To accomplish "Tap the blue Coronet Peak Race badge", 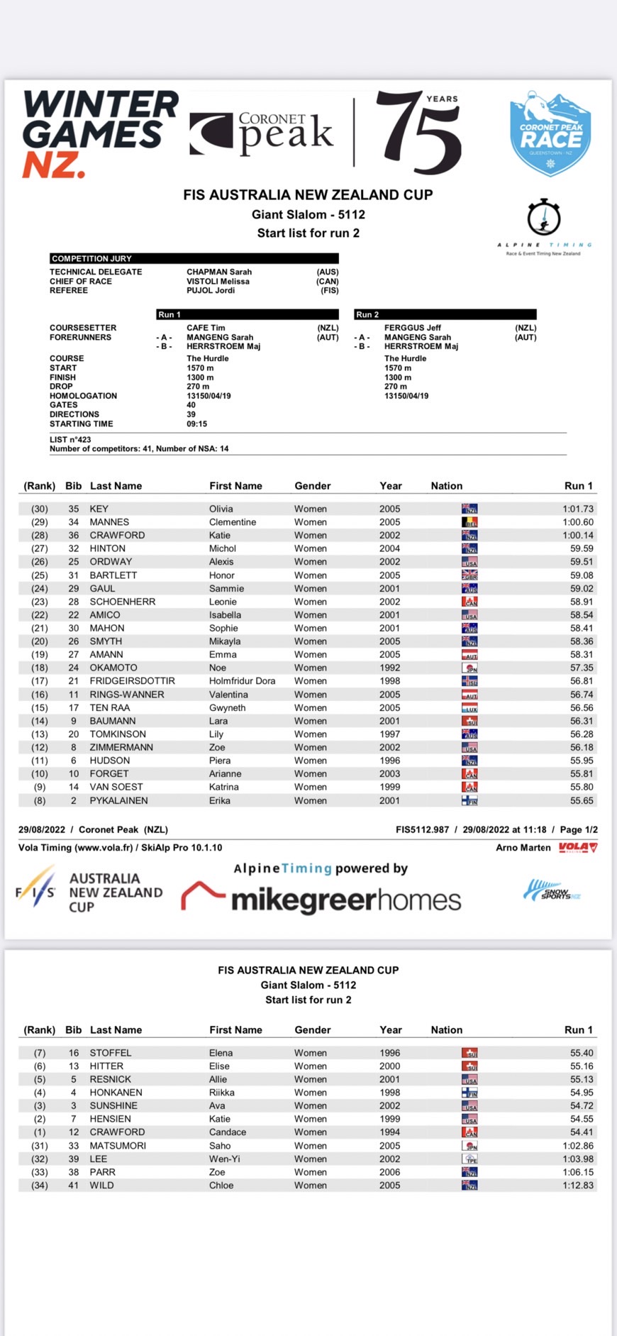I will point(550,133).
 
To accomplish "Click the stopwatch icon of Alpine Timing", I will point(544,218).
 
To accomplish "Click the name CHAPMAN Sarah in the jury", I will point(219,272).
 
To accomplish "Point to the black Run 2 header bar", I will point(445,314).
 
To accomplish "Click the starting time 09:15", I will point(196,424).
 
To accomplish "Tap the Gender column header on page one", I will point(312,486).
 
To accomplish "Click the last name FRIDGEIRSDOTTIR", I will point(132,680).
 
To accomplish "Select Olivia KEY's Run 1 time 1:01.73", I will point(578,509).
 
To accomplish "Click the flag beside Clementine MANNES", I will point(469,522).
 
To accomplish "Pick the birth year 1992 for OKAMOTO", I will point(389,668).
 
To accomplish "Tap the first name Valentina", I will point(228,695).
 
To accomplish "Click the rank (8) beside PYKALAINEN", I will point(40,800).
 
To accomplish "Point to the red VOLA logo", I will point(578,847).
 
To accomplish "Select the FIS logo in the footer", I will point(35,892).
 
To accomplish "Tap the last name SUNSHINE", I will point(113,1105).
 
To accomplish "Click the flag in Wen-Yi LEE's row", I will point(469,1159).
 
